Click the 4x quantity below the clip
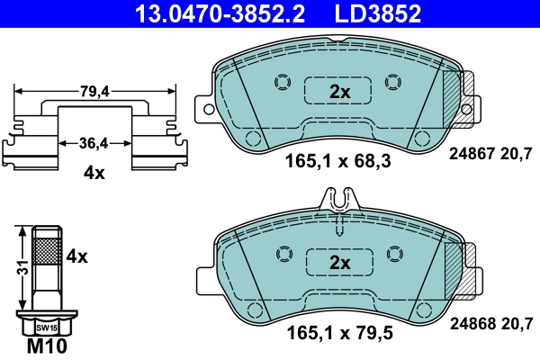tap(93, 173)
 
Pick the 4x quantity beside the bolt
tap(76, 256)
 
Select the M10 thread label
tap(50, 346)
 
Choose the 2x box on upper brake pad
tap(338, 92)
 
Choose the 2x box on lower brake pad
tap(338, 262)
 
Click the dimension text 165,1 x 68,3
tap(338, 165)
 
